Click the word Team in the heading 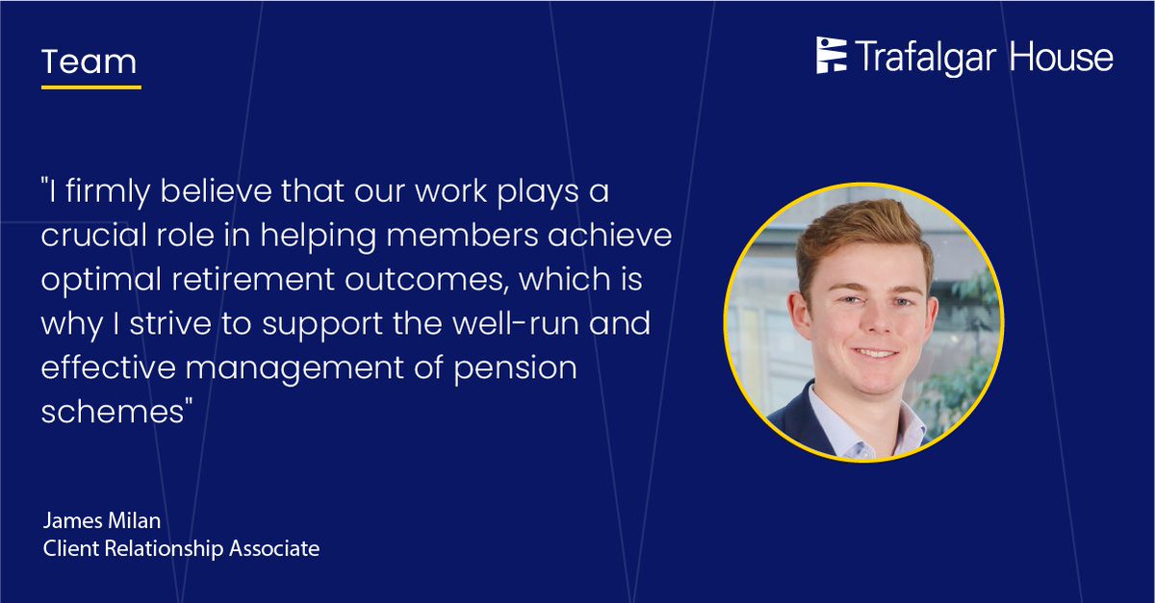click(x=90, y=63)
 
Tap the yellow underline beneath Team click(x=91, y=88)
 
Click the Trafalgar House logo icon click(x=832, y=57)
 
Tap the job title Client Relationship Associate click(x=180, y=549)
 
